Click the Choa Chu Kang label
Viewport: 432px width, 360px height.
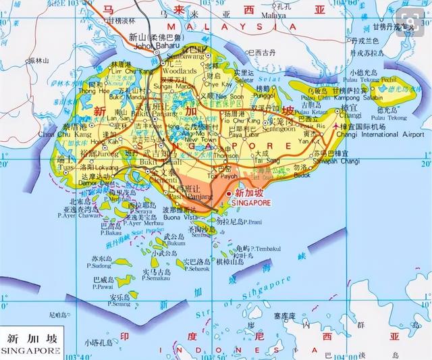(x=94, y=134)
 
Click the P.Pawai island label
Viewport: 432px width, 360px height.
(x=103, y=285)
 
